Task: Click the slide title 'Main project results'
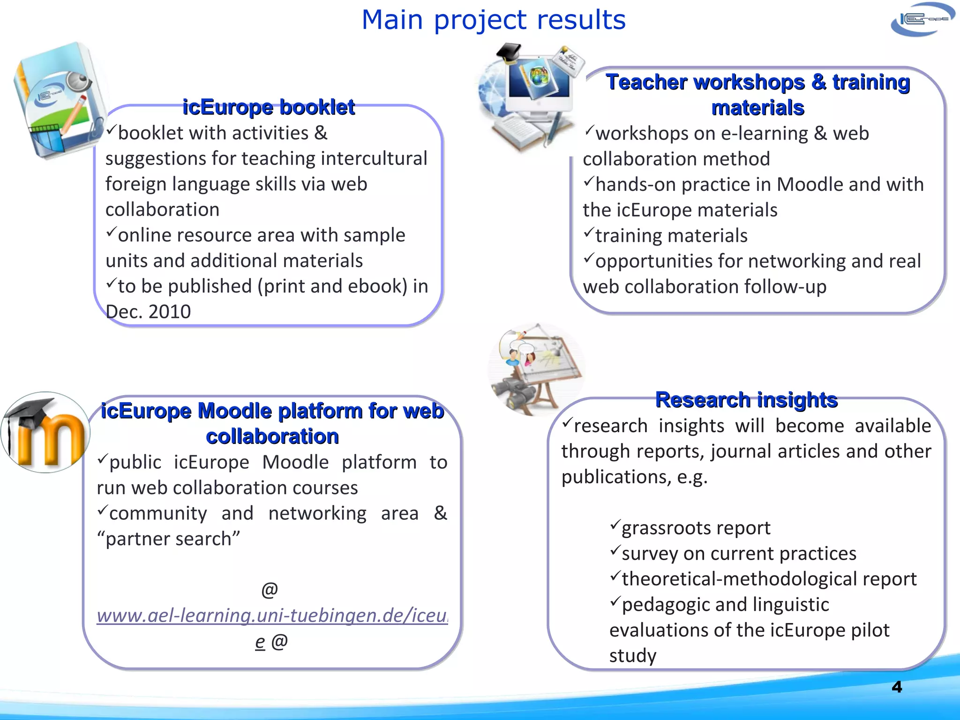(x=493, y=20)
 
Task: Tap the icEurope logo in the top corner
(x=922, y=20)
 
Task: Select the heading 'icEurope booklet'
(x=268, y=107)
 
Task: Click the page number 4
(x=896, y=687)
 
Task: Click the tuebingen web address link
(x=272, y=615)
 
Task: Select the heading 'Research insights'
(x=746, y=400)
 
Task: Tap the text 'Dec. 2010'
(x=148, y=312)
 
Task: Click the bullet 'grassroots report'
(x=695, y=528)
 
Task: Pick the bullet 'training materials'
(x=671, y=236)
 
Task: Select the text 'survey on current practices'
(x=738, y=554)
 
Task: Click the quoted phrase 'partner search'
(x=169, y=539)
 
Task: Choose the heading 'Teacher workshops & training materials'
(x=757, y=95)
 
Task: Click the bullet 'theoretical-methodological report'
(x=769, y=579)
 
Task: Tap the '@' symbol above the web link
(x=270, y=589)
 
